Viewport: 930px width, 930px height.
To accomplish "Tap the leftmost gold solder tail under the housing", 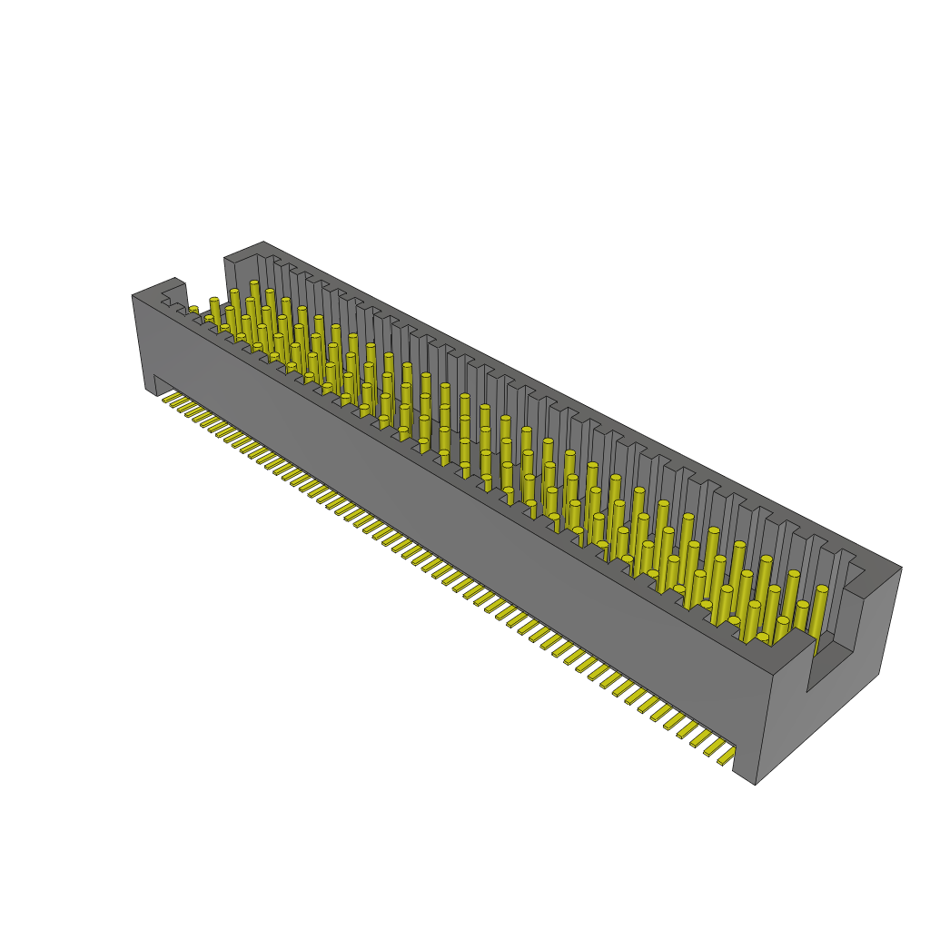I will [x=169, y=397].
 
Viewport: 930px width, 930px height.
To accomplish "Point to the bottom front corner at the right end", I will [x=756, y=784].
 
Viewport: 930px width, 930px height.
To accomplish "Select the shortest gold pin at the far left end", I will [x=193, y=312].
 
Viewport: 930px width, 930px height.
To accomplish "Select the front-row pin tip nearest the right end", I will [x=762, y=638].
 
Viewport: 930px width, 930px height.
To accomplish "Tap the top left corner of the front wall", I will [x=134, y=296].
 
